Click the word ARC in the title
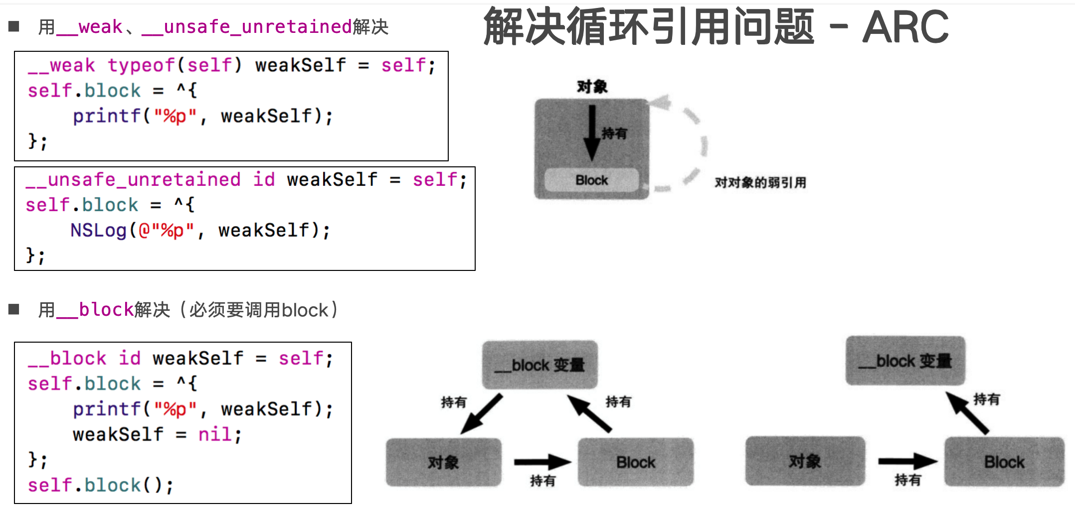pos(905,27)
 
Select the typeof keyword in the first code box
pos(141,65)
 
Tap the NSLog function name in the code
pos(98,230)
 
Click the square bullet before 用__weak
pos(14,26)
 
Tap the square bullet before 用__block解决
pos(14,310)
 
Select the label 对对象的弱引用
pos(760,183)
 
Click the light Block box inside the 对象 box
pos(591,180)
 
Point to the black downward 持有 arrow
pos(592,132)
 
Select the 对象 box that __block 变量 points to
pos(443,462)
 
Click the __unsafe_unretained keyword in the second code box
pos(134,179)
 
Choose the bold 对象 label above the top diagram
pos(592,87)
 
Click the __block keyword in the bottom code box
pos(67,358)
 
